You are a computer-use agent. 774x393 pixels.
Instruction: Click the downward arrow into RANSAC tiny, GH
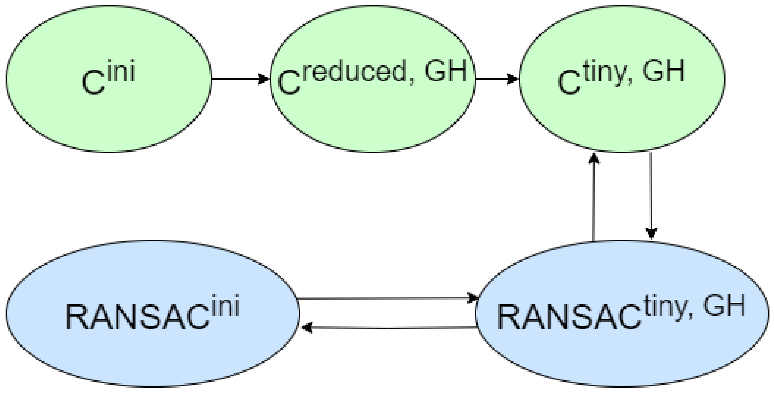coord(651,195)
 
